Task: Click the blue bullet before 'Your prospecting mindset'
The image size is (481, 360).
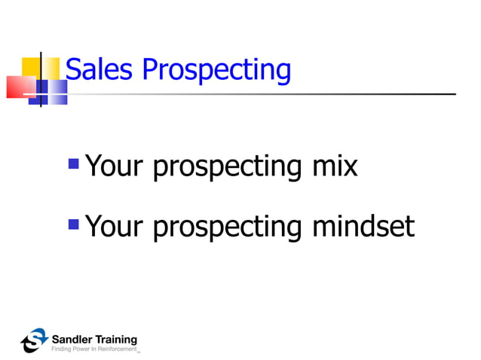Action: click(73, 223)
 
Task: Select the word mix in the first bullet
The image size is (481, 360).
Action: click(335, 166)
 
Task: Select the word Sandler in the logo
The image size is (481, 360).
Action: click(71, 338)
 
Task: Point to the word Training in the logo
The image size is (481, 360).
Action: click(115, 339)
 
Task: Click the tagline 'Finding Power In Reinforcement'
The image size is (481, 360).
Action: click(94, 349)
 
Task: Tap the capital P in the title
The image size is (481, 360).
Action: click(150, 70)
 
